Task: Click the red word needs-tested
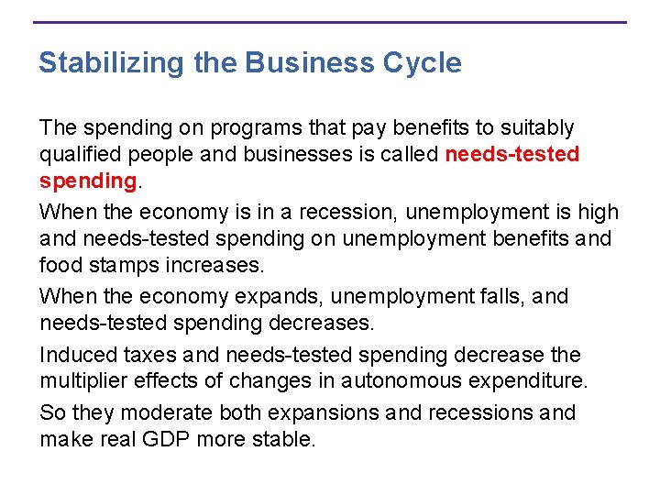tap(511, 154)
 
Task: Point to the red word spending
tap(87, 181)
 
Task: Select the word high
tap(598, 212)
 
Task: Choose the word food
tap(60, 266)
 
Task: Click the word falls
tap(497, 297)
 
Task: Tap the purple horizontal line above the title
tap(330, 22)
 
